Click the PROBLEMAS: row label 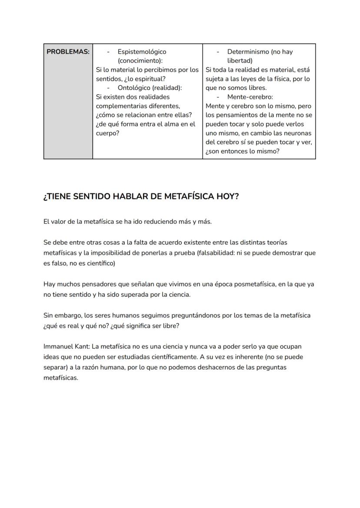tap(68, 52)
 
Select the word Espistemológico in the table tap(142, 52)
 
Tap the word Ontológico tap(134, 88)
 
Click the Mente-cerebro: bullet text tap(250, 97)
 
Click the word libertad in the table tap(240, 61)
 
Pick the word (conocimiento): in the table tap(140, 61)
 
